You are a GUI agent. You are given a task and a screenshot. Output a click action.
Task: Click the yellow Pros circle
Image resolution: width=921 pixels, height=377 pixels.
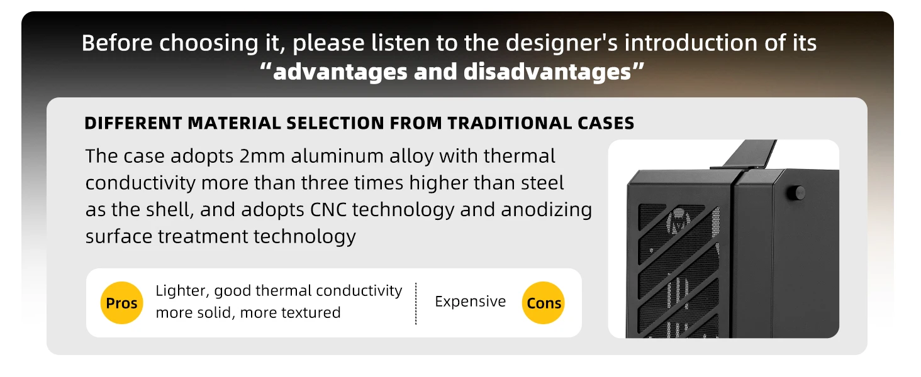pyautogui.click(x=121, y=303)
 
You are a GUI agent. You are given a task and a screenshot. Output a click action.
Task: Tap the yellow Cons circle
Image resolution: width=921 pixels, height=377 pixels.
pyautogui.click(x=544, y=303)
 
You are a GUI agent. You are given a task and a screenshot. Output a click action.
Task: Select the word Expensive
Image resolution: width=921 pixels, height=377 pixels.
pyautogui.click(x=471, y=302)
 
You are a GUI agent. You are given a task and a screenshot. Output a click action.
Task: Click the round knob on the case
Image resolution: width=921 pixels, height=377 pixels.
pyautogui.click(x=798, y=193)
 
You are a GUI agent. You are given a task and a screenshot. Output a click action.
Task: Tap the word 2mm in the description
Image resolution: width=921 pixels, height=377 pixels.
pyautogui.click(x=262, y=156)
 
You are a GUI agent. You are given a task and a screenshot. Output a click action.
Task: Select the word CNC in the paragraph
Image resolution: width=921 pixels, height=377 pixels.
pyautogui.click(x=328, y=210)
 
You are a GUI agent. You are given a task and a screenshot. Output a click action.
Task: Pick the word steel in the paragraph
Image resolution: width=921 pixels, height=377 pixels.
pyautogui.click(x=542, y=183)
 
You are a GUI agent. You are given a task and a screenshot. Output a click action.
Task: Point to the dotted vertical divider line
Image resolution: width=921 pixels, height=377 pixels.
pyautogui.click(x=416, y=303)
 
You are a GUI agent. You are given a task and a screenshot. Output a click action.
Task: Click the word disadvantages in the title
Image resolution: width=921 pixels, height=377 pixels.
pyautogui.click(x=547, y=72)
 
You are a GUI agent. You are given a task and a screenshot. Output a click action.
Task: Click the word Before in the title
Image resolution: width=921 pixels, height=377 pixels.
pyautogui.click(x=117, y=43)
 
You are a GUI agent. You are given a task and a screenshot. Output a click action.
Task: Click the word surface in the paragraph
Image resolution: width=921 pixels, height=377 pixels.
pyautogui.click(x=119, y=237)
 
